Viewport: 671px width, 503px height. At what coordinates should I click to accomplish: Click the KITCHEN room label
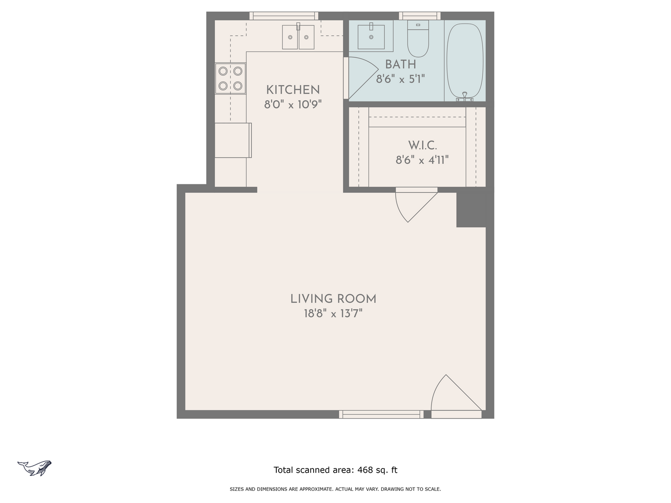pyautogui.click(x=293, y=90)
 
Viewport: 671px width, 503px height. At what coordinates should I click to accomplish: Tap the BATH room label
pyautogui.click(x=400, y=64)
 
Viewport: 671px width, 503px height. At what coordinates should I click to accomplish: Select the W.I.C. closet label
pyautogui.click(x=423, y=145)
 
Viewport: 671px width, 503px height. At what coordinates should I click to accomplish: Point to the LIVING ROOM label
pyautogui.click(x=333, y=299)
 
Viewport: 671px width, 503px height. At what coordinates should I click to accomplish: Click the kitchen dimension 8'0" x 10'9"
pyautogui.click(x=293, y=104)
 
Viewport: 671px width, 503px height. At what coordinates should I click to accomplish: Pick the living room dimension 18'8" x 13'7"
pyautogui.click(x=333, y=313)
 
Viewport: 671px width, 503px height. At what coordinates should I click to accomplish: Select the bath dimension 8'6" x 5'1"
pyautogui.click(x=400, y=79)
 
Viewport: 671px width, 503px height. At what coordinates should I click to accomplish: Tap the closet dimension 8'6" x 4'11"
pyautogui.click(x=422, y=160)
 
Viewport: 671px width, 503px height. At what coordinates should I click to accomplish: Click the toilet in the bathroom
pyautogui.click(x=418, y=39)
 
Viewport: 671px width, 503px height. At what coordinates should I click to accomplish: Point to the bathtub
pyautogui.click(x=465, y=61)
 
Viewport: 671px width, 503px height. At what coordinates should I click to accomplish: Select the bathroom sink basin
pyautogui.click(x=371, y=37)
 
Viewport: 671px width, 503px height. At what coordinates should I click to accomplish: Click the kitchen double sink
pyautogui.click(x=298, y=37)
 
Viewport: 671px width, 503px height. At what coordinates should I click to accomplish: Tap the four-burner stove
pyautogui.click(x=231, y=79)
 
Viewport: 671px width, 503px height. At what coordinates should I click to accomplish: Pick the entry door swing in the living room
pyautogui.click(x=456, y=393)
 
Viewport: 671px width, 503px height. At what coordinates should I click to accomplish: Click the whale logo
pyautogui.click(x=34, y=468)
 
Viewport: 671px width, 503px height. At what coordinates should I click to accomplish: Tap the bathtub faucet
pyautogui.click(x=465, y=97)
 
